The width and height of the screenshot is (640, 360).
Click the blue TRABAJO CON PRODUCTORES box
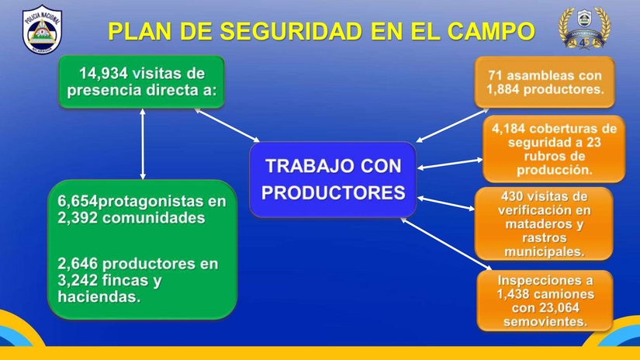tap(333, 179)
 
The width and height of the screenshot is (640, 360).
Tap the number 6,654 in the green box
tap(78, 202)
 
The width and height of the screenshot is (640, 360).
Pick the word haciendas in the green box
tap(99, 296)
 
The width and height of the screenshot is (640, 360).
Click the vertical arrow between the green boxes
tap(143, 144)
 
